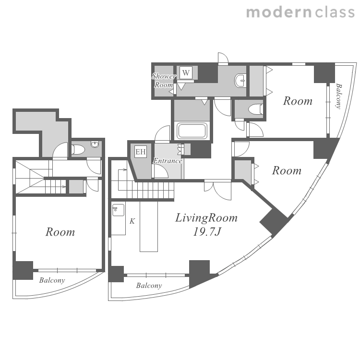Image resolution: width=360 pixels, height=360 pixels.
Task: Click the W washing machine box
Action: click(x=186, y=72)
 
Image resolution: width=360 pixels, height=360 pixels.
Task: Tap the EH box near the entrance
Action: click(x=140, y=152)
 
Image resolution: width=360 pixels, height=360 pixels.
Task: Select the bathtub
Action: click(x=192, y=131)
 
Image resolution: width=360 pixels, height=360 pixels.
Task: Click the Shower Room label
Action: click(x=164, y=80)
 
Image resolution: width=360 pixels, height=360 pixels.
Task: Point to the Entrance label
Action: click(x=168, y=161)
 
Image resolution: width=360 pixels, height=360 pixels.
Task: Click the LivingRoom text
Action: click(x=206, y=218)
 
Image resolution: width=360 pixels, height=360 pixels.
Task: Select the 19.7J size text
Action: click(x=207, y=232)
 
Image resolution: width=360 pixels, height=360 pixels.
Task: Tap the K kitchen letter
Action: click(x=132, y=221)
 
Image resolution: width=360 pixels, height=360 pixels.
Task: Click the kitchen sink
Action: click(x=118, y=210)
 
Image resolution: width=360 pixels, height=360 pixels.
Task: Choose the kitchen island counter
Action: click(x=149, y=227)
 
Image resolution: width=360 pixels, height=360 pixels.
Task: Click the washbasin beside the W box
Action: click(x=240, y=81)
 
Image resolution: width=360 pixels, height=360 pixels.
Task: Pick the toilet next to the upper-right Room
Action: click(x=255, y=109)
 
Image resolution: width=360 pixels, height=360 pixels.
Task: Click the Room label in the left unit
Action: click(x=60, y=232)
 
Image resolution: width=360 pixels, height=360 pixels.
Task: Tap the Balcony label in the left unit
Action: click(x=52, y=280)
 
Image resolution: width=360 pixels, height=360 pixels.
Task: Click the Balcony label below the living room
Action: click(x=149, y=286)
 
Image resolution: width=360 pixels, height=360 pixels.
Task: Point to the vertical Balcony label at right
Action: click(x=339, y=96)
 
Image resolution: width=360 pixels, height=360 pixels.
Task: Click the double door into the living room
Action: click(x=217, y=191)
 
